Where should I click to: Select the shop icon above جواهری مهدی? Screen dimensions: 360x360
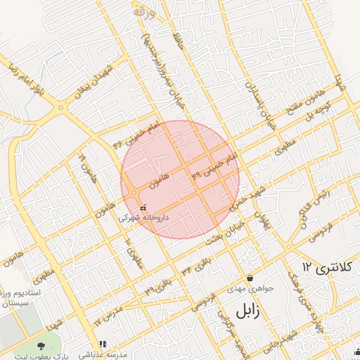[250, 278]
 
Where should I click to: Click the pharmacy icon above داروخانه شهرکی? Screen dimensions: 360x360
[143, 208]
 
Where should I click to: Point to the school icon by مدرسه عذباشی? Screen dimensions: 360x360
[103, 345]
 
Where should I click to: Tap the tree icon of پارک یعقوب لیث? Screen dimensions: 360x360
[40, 345]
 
